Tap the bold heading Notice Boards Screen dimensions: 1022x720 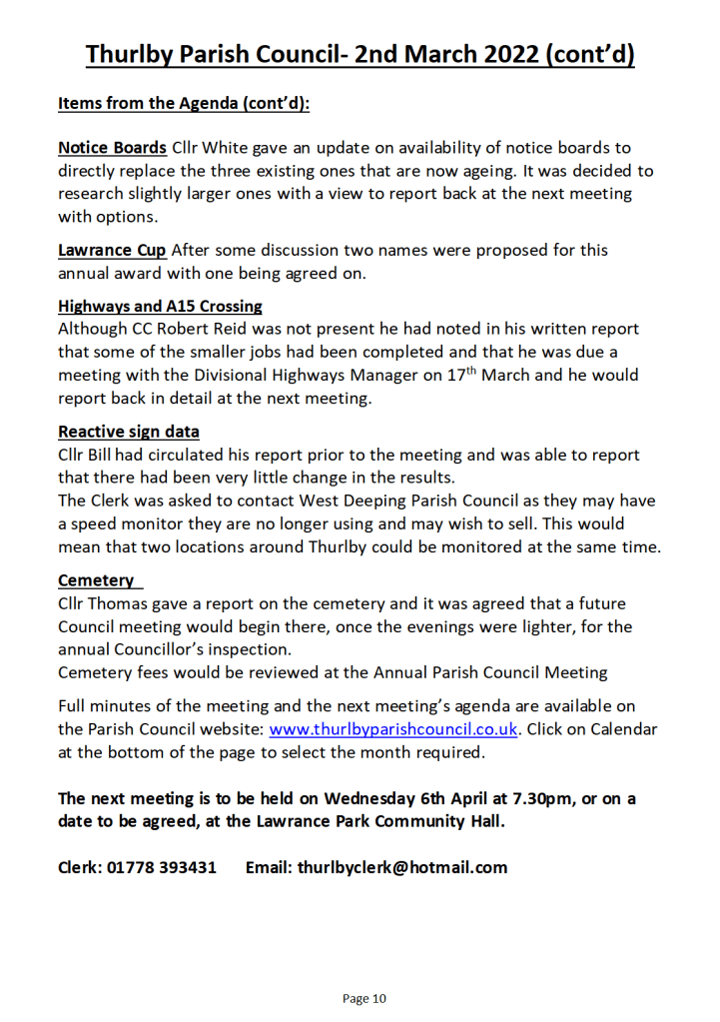(x=112, y=148)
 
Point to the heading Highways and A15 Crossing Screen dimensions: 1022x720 (x=160, y=306)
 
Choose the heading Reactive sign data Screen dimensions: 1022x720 (x=129, y=432)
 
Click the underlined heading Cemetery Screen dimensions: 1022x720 (x=97, y=580)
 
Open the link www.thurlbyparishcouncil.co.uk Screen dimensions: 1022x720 (x=393, y=729)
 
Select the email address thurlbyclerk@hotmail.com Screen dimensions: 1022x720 (x=402, y=867)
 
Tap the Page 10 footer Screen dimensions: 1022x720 (x=363, y=998)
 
